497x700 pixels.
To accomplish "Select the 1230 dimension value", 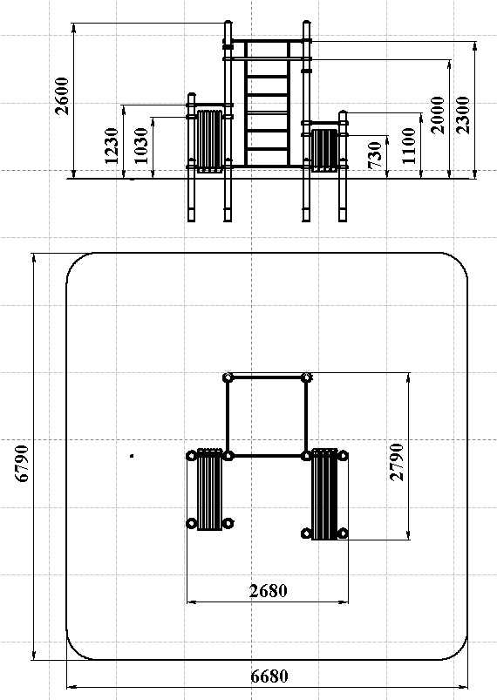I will coord(112,145).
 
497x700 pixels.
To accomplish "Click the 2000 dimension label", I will coord(438,114).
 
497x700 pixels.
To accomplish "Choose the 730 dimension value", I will coord(378,155).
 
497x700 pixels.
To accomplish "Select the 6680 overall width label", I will coord(269,676).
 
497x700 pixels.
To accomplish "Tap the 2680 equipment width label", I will coord(268,590).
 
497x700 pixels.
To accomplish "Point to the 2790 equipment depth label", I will coord(397,462).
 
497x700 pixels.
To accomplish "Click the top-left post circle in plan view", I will coord(228,377).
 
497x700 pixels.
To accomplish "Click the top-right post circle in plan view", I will coord(307,377).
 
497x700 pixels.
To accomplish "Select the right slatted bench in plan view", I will coord(324,493).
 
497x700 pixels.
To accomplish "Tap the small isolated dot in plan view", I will coord(132,455).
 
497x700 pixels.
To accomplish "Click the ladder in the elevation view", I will coord(267,105).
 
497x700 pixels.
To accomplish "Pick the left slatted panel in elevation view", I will coord(209,139).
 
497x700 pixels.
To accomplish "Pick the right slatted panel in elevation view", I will coord(324,149).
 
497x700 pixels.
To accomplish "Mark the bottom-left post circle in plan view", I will coord(191,523).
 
